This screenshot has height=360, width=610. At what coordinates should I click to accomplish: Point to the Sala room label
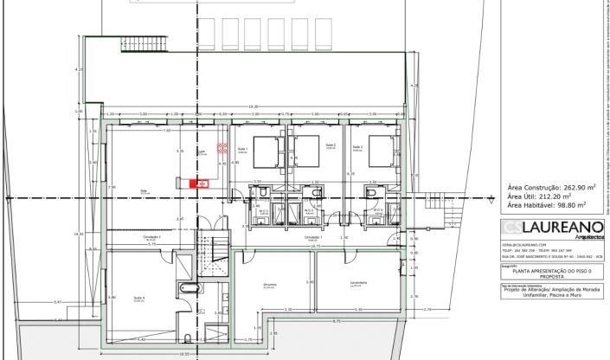pyautogui.click(x=144, y=192)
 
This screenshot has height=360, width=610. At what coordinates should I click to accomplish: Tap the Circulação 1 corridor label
pyautogui.click(x=313, y=236)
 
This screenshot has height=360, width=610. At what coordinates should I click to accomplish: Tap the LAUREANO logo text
pyautogui.click(x=558, y=228)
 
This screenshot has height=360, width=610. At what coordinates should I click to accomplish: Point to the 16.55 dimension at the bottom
pyautogui.click(x=183, y=353)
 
